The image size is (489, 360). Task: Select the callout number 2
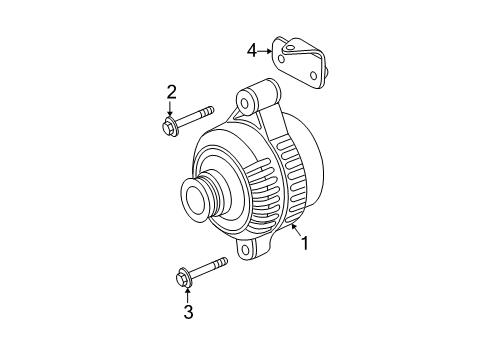pos(171,93)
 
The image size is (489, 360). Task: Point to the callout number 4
pos(253,47)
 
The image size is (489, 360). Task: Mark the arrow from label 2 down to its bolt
pos(171,109)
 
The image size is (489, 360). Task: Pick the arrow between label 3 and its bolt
pos(186,293)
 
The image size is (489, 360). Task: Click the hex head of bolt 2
pos(169,126)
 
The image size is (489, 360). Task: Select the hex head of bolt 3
pos(184,277)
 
